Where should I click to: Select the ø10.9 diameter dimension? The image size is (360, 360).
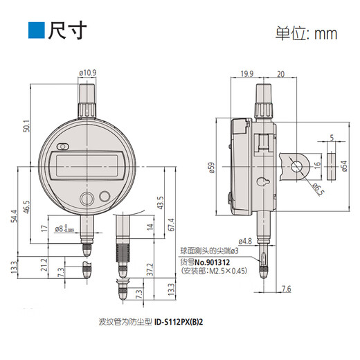coord(89,72)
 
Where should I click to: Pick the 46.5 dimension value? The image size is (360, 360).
coord(26,208)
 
